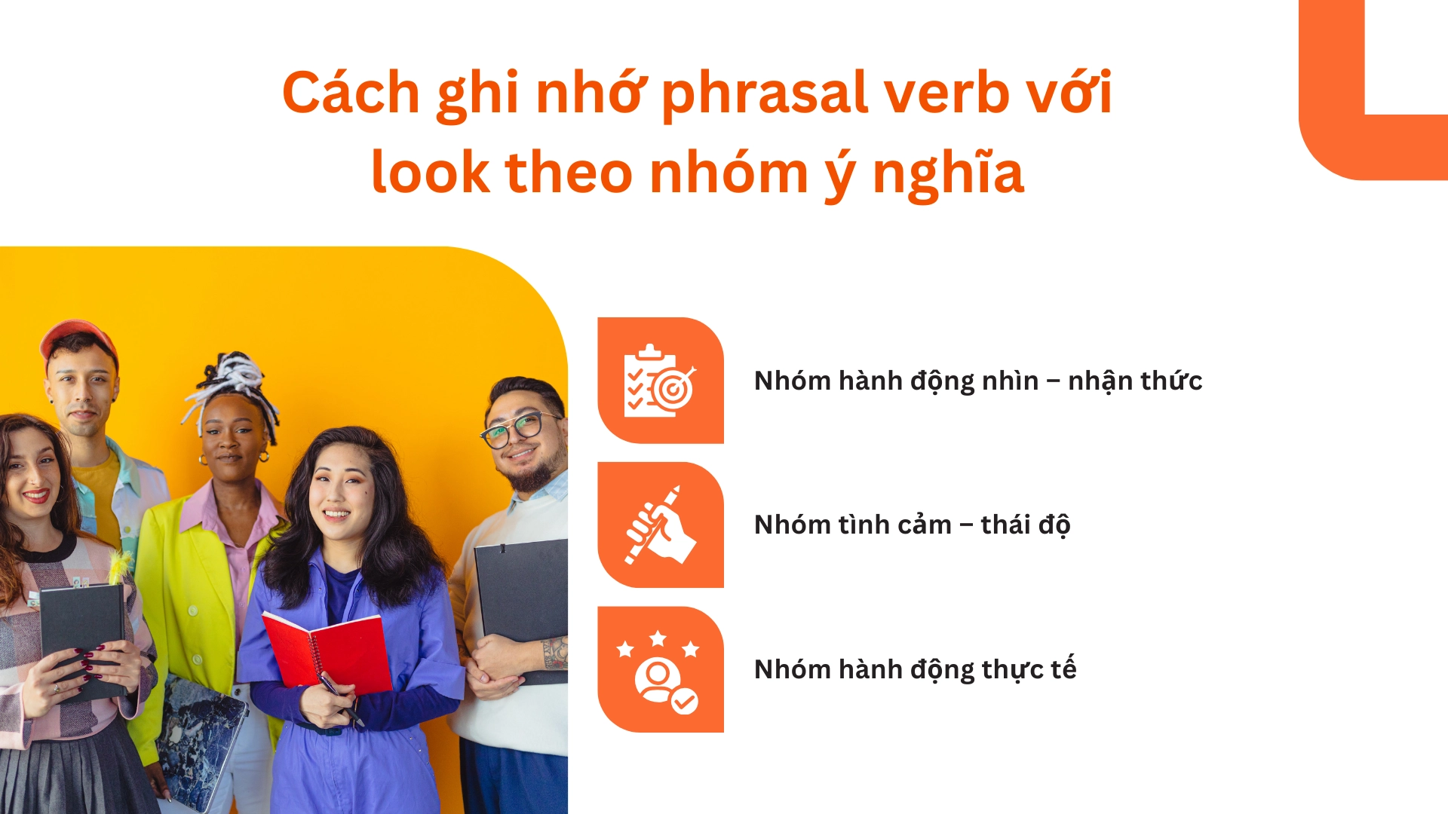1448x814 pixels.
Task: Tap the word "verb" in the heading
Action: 946,92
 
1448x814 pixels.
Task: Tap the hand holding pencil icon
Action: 661,525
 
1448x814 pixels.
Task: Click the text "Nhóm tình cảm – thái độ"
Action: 912,525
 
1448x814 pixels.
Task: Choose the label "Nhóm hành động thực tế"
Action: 915,669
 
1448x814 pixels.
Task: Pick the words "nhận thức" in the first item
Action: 1135,381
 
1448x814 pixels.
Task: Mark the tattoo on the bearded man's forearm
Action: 556,653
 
